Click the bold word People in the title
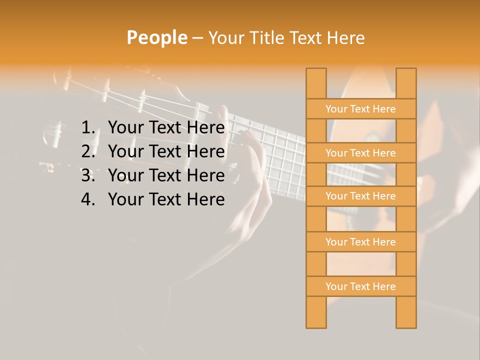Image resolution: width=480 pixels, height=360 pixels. (x=156, y=37)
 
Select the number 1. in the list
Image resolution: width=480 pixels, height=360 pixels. (x=88, y=128)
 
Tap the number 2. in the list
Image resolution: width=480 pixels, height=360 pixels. (x=88, y=151)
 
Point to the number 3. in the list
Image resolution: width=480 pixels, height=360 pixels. (x=88, y=175)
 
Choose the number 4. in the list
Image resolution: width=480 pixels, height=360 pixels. (x=88, y=199)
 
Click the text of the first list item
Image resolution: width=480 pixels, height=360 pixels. (x=166, y=128)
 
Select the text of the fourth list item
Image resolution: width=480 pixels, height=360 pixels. (x=166, y=199)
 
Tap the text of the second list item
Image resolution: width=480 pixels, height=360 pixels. (x=166, y=151)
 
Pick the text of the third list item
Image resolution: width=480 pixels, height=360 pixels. (x=166, y=175)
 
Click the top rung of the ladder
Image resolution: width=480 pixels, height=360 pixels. (x=360, y=109)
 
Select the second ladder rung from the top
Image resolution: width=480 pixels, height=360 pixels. (x=360, y=153)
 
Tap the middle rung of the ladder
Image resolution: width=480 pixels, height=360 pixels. (x=360, y=196)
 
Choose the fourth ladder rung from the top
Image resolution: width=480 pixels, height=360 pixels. (x=360, y=242)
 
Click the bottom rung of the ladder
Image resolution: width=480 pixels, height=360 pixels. (x=360, y=286)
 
